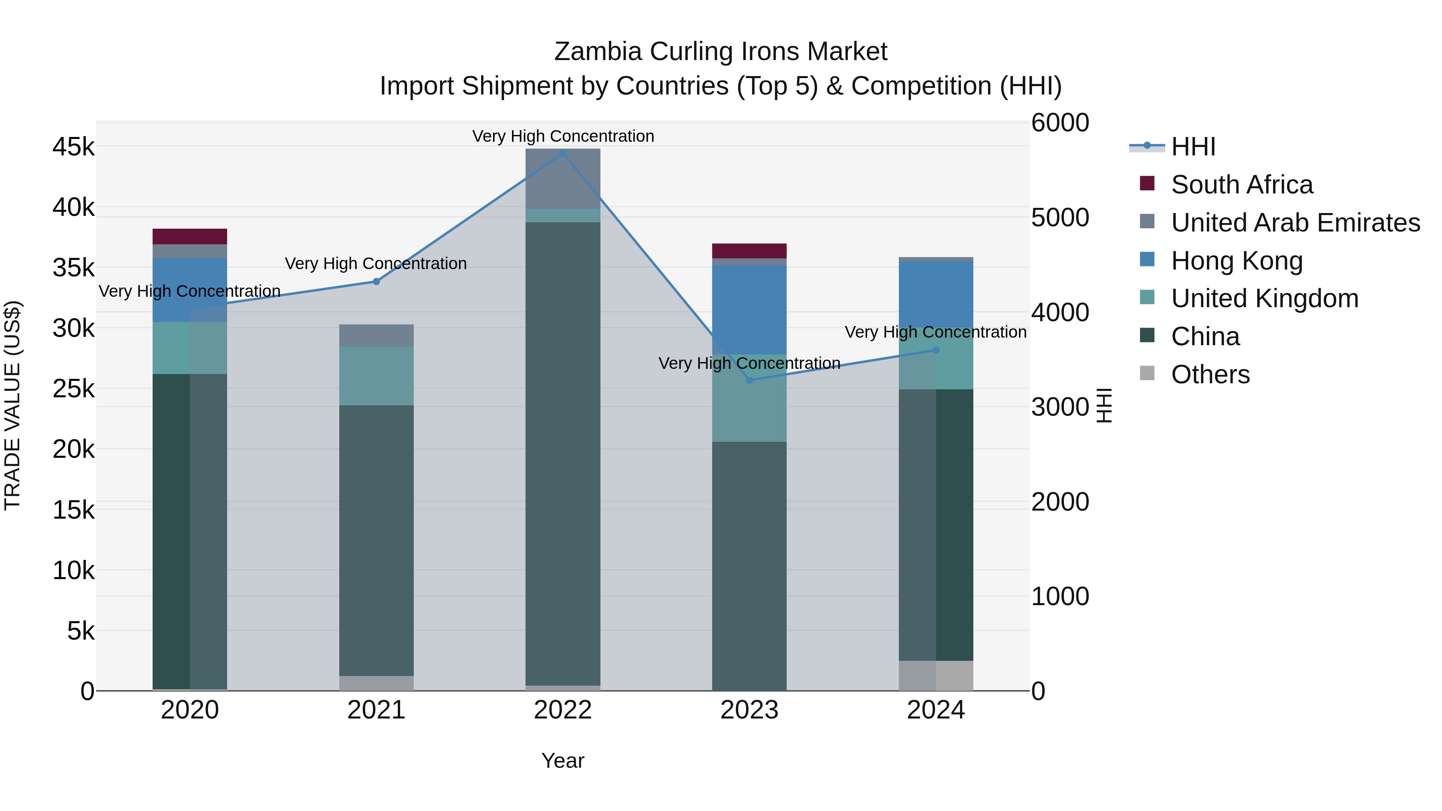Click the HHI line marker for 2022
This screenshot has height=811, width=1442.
tap(563, 153)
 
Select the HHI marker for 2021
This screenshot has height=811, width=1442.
tap(376, 282)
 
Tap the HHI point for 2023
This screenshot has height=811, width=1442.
tap(749, 380)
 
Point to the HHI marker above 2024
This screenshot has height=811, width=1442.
tap(936, 350)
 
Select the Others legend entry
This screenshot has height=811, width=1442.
tap(1210, 374)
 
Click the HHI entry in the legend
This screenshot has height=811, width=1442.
tap(1192, 147)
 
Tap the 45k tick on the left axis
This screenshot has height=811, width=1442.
tap(73, 147)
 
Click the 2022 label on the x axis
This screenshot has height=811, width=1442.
tap(563, 710)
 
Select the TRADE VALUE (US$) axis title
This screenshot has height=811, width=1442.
tap(12, 406)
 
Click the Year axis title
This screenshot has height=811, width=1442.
tap(563, 761)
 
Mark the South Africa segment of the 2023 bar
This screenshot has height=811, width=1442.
tap(749, 251)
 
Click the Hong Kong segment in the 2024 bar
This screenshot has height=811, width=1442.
tap(936, 294)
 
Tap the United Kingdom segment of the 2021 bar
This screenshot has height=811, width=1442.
tap(376, 376)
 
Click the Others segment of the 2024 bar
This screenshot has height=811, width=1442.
tap(936, 676)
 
